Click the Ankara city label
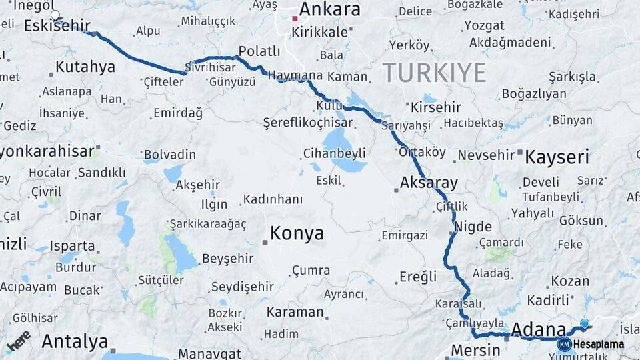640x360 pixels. (329, 9)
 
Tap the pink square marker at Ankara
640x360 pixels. (295, 19)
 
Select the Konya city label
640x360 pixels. (297, 233)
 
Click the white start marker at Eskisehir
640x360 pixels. (55, 14)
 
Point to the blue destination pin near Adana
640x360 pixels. (585, 324)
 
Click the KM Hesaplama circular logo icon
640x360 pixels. (564, 344)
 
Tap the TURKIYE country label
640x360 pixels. (434, 73)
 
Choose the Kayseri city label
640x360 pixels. (557, 157)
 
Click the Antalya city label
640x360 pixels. (75, 341)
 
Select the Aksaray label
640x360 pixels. (429, 183)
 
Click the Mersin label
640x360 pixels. (475, 350)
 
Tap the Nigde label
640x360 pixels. (473, 227)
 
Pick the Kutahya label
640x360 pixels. (85, 67)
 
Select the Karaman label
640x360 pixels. (295, 312)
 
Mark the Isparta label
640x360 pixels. (72, 245)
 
